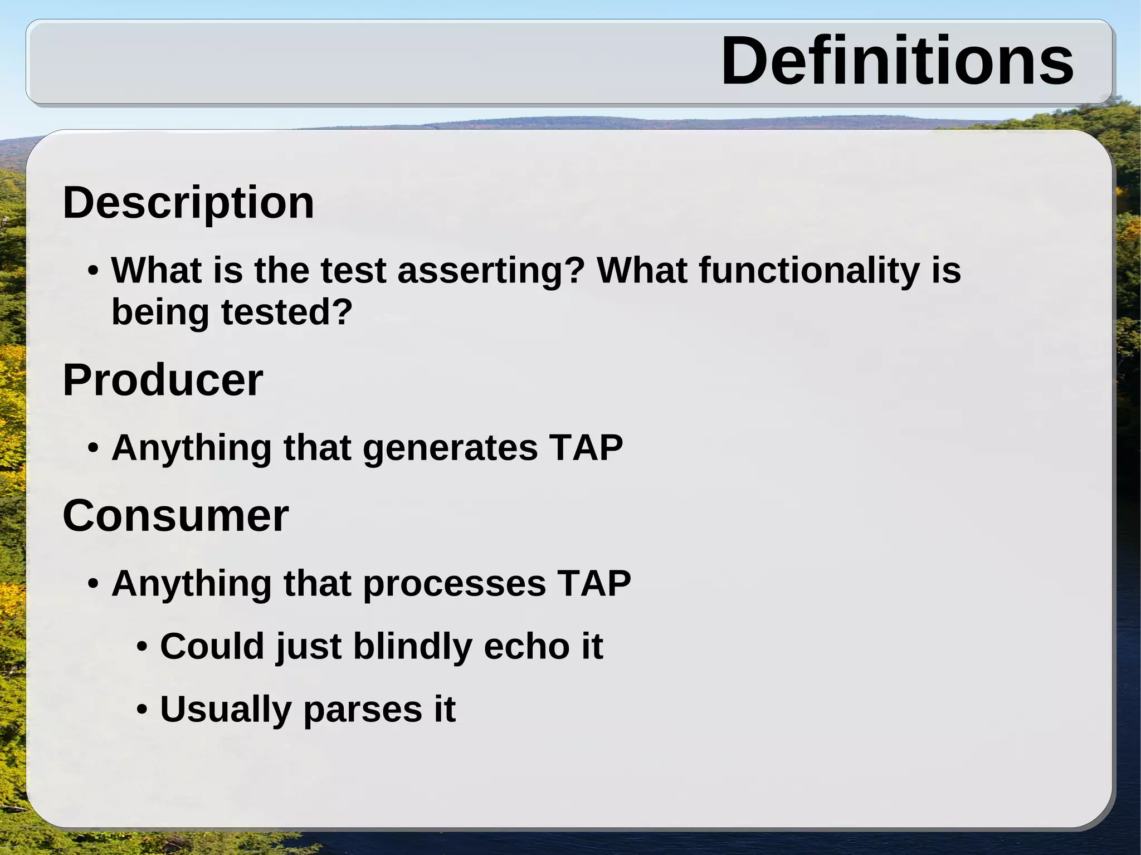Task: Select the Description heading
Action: click(188, 202)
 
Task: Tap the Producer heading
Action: click(163, 380)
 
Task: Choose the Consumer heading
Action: click(175, 516)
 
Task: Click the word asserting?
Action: click(491, 271)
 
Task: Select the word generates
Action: click(450, 448)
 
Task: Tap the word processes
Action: click(454, 584)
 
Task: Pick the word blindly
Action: click(412, 646)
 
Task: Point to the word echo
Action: click(526, 646)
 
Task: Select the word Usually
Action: click(226, 710)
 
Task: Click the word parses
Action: click(363, 710)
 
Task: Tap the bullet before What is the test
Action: click(94, 272)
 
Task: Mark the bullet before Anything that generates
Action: click(94, 449)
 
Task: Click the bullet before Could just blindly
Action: click(142, 647)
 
